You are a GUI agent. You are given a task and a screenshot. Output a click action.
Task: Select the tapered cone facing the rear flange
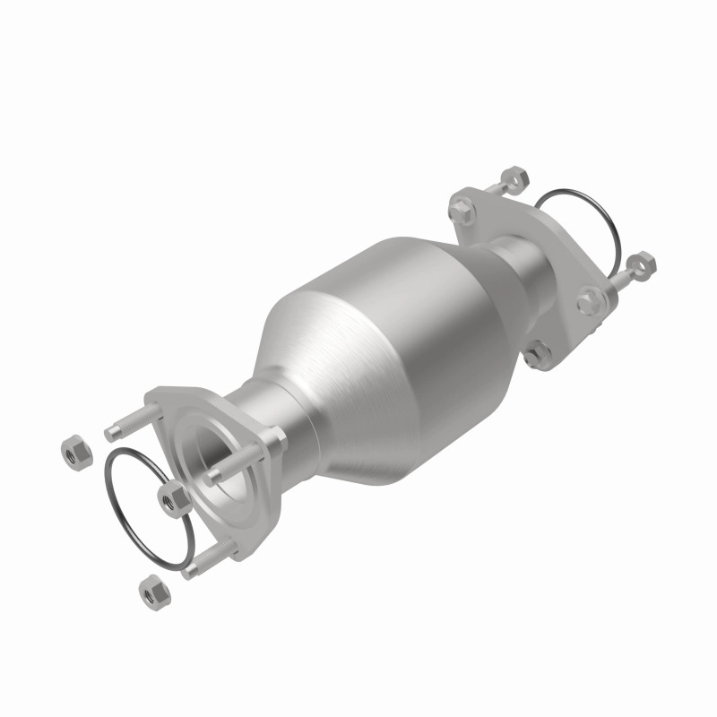click(x=484, y=269)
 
